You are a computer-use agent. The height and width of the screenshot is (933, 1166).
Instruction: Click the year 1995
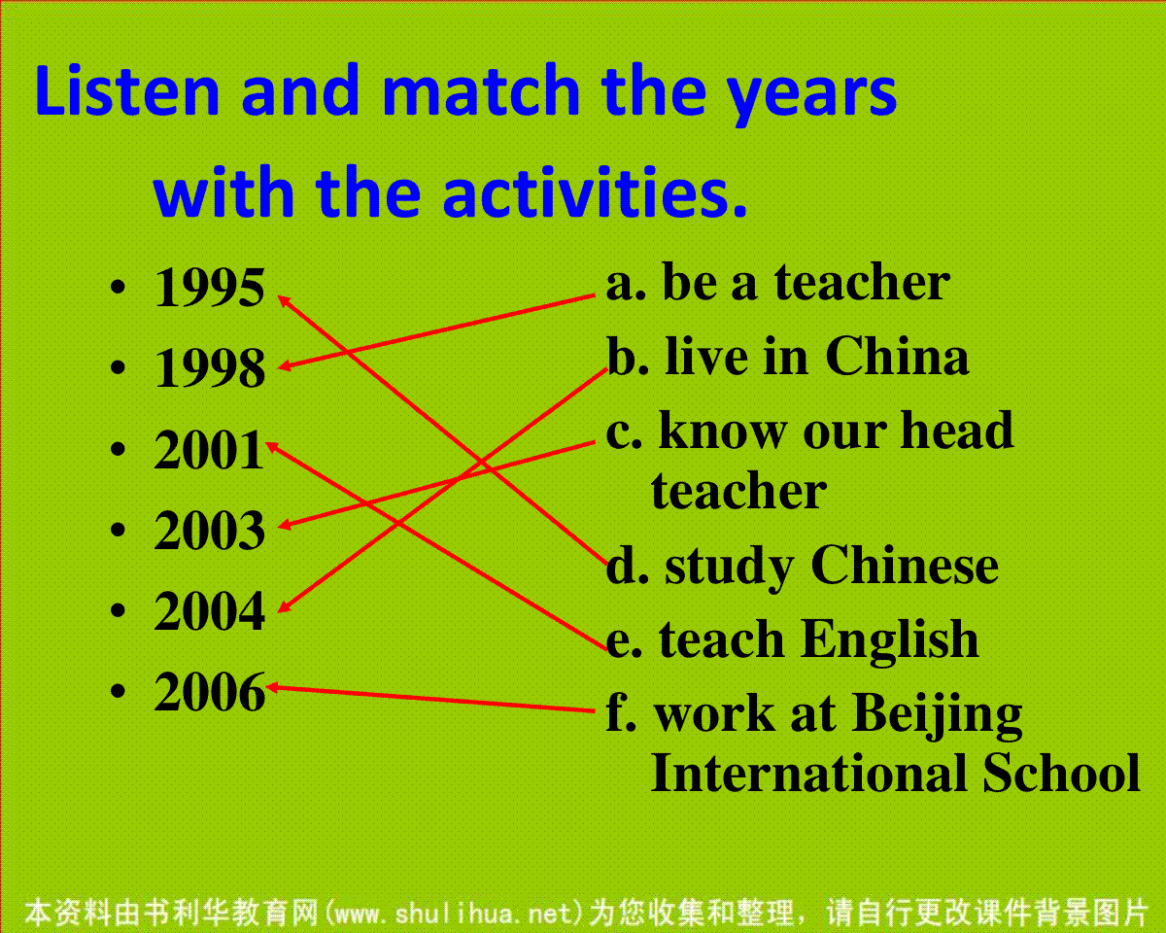point(210,288)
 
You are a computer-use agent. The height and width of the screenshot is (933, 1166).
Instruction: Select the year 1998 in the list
point(210,368)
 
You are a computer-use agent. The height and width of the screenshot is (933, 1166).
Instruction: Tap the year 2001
point(209,449)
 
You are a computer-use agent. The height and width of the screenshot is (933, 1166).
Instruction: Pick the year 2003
point(210,531)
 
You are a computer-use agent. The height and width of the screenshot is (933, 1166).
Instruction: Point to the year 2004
point(210,611)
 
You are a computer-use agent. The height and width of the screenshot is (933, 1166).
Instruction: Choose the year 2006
point(210,692)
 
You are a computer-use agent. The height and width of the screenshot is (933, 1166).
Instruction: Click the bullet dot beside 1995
point(118,288)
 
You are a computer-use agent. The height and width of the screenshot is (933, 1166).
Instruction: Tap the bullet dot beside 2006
point(118,691)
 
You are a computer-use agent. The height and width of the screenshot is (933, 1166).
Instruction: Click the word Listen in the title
point(127,90)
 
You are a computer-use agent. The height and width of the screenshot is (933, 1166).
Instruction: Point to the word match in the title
point(482,90)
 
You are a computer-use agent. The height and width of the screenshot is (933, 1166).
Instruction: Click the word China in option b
point(897,357)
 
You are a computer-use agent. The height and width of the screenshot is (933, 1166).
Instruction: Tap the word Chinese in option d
point(905,565)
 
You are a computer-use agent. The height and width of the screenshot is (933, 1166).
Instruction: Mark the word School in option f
point(1061,773)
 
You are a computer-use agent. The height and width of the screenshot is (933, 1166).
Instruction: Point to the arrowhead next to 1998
point(285,366)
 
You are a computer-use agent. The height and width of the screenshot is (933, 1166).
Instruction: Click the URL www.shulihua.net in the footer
point(454,914)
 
